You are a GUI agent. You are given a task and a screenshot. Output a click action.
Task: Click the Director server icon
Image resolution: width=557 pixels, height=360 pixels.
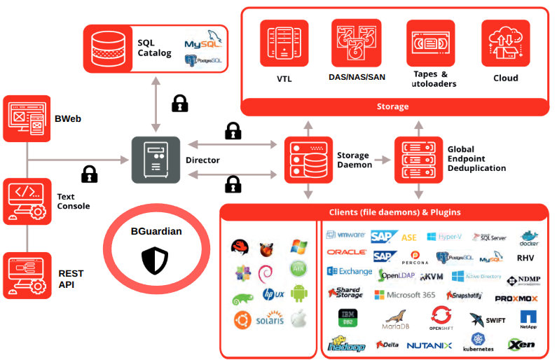pyautogui.click(x=156, y=160)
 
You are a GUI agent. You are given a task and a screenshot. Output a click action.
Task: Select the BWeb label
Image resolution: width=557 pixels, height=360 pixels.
pyautogui.click(x=68, y=118)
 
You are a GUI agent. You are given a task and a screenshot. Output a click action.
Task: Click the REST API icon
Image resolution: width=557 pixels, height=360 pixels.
pyautogui.click(x=27, y=275)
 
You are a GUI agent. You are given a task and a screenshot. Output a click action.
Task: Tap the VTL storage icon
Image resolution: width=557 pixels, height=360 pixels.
pyautogui.click(x=284, y=43)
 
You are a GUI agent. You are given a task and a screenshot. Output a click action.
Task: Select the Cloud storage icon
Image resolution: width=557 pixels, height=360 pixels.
pyautogui.click(x=505, y=43)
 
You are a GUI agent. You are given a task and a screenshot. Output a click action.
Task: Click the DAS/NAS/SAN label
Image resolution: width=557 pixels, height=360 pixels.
pyautogui.click(x=357, y=77)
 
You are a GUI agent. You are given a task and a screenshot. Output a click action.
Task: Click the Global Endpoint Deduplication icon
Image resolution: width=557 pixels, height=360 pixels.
pyautogui.click(x=418, y=159)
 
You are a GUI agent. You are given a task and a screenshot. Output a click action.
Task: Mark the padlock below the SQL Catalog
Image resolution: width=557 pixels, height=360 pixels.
pyautogui.click(x=180, y=104)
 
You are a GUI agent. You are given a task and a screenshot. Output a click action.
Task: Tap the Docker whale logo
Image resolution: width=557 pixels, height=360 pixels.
pyautogui.click(x=529, y=238)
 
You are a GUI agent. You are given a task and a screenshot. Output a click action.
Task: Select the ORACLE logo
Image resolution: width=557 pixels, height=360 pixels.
pyautogui.click(x=346, y=251)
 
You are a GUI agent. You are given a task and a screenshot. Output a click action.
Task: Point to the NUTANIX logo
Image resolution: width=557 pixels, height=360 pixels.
pyautogui.click(x=429, y=345)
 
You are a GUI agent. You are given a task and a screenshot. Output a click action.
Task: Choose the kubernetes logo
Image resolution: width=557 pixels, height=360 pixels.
pyautogui.click(x=478, y=342)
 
